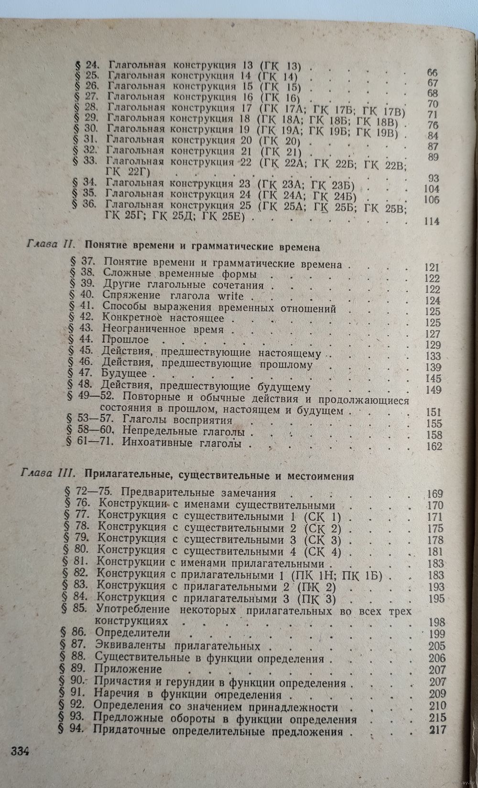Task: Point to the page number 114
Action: pyautogui.click(x=432, y=221)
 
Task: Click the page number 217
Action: pyautogui.click(x=437, y=730)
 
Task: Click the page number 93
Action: pyautogui.click(x=434, y=178)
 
